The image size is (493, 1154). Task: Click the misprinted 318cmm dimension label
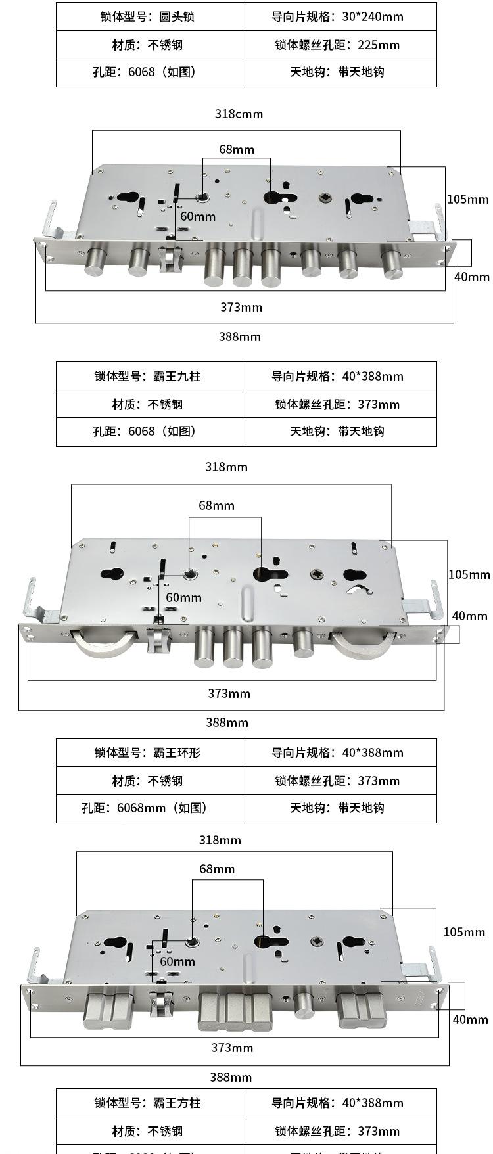tap(239, 114)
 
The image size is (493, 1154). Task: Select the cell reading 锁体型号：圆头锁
tap(151, 16)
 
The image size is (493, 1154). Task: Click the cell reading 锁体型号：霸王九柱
tap(151, 376)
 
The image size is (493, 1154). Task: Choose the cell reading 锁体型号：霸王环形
tap(151, 752)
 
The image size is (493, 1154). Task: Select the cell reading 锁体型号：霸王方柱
tap(151, 1103)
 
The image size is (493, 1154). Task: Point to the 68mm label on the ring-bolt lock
tap(217, 505)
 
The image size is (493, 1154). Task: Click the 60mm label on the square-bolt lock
tap(177, 961)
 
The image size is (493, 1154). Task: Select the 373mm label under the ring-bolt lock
tap(229, 693)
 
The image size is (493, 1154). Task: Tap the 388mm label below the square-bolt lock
tap(231, 1077)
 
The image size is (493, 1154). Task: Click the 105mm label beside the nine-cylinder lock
tap(468, 199)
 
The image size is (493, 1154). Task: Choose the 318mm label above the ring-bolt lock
tap(226, 467)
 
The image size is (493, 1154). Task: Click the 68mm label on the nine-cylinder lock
tap(237, 149)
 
